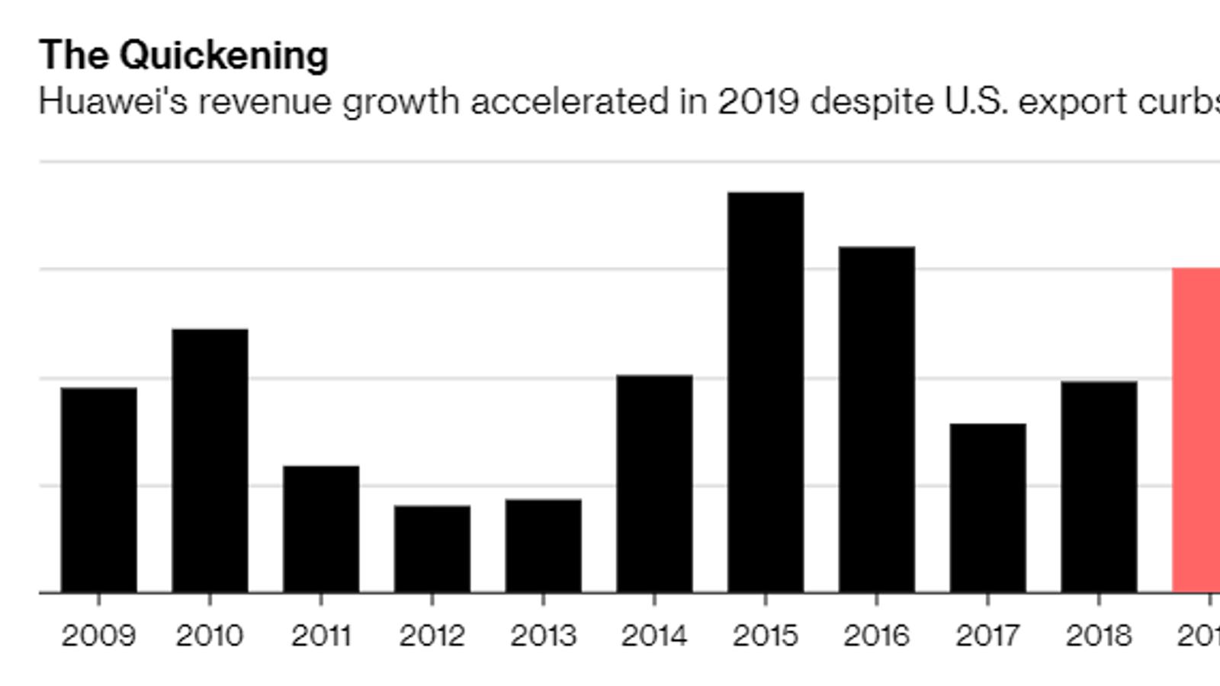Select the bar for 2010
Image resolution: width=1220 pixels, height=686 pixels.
tap(210, 460)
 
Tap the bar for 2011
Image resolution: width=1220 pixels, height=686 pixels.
tap(321, 529)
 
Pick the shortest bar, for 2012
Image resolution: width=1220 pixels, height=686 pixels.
tap(432, 549)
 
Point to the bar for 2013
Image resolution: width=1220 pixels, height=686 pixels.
tap(543, 546)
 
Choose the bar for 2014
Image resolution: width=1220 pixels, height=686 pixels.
tap(654, 483)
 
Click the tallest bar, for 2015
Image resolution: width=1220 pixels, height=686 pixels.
tap(766, 392)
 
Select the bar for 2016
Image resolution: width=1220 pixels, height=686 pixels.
tap(877, 419)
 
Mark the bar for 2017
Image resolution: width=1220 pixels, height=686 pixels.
tap(987, 508)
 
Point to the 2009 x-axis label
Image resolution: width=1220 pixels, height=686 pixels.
tap(98, 636)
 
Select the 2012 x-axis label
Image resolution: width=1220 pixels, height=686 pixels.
tap(432, 636)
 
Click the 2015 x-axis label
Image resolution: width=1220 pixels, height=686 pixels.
tap(766, 636)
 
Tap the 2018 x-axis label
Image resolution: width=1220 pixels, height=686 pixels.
tap(1099, 636)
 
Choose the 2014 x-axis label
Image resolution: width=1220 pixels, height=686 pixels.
tap(654, 636)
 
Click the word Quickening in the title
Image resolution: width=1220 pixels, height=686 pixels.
tap(224, 56)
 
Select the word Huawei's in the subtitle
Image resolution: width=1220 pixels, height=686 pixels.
tap(113, 101)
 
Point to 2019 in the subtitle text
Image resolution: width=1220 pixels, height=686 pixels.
tap(758, 101)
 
